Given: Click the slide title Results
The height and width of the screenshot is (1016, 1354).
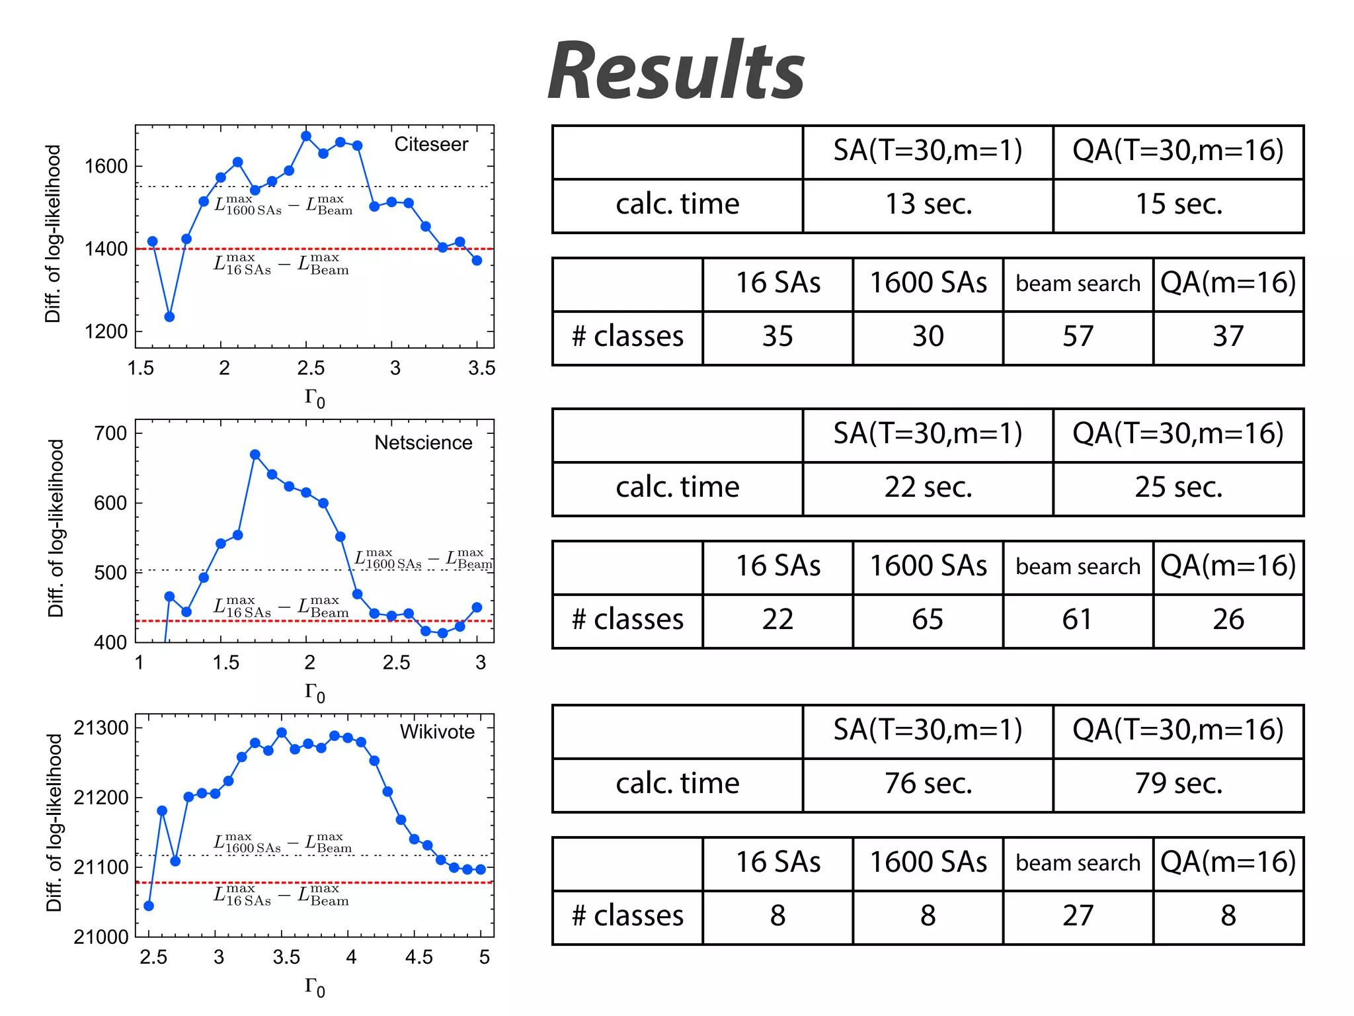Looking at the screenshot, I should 676,71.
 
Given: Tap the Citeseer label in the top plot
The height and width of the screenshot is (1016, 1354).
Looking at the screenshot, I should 431,144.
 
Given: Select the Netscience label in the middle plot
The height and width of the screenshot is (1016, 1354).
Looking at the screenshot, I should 423,443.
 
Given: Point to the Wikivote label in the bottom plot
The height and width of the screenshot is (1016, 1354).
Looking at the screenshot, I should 437,732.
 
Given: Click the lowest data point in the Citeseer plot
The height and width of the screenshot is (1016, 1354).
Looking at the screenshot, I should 169,317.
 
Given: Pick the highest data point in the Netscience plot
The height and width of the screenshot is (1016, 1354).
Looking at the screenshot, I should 255,454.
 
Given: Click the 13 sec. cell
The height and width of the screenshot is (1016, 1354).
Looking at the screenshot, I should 928,204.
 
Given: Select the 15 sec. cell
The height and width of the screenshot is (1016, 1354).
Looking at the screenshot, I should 1178,204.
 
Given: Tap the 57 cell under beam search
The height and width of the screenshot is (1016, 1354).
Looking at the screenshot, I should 1078,337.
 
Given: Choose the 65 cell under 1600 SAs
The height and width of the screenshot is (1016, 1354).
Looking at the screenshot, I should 928,620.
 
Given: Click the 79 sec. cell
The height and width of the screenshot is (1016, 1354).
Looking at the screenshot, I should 1178,784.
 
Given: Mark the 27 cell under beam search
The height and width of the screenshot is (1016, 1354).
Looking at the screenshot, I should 1078,916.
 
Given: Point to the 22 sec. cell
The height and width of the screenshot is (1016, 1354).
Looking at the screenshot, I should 928,487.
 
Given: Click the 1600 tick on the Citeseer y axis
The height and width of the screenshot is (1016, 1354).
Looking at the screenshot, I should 106,166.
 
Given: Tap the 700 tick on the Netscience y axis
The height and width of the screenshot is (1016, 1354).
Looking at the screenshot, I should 110,433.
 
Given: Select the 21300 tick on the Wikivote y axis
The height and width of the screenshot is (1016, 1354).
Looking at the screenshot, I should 101,728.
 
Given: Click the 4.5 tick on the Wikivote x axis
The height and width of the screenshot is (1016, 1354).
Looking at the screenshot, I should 418,957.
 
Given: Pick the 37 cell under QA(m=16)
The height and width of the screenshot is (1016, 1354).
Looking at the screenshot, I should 1228,337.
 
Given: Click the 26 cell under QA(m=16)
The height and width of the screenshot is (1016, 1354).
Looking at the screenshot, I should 1228,620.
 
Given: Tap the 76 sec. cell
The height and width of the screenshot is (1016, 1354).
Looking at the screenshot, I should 928,784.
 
